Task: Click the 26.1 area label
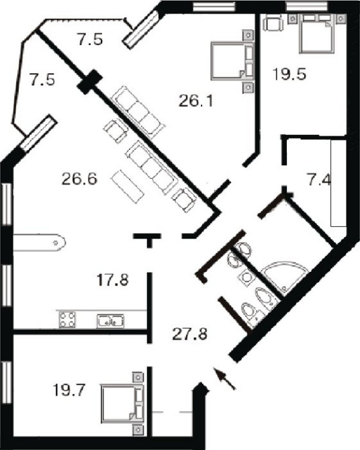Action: coord(196,101)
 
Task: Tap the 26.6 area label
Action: coord(79,179)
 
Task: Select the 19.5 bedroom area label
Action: coord(289,75)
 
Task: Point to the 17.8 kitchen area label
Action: coord(113,280)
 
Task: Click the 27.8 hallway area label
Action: coord(190,334)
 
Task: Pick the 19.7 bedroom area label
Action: coord(69,390)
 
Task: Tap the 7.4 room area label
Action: coord(319,181)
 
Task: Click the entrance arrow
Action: coord(225,379)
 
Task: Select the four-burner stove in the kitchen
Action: coord(67,320)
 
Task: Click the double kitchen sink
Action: coord(111,321)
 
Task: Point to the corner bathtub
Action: coord(285,277)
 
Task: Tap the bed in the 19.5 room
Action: coord(316,34)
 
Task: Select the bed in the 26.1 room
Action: coord(232,61)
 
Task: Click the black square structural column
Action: coord(89,82)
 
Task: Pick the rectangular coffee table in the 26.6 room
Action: coord(128,187)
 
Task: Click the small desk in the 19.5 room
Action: coord(273,22)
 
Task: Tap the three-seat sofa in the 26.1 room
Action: coord(138,112)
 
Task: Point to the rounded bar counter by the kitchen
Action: coord(40,242)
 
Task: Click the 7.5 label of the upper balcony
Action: coord(90,40)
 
